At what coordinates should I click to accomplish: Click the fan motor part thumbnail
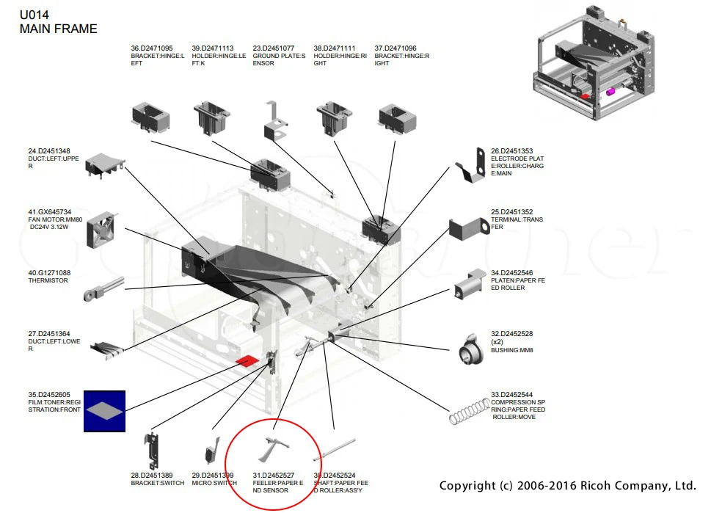[x=101, y=230]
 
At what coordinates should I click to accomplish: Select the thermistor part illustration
[x=103, y=289]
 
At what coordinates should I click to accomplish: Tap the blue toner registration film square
[x=104, y=411]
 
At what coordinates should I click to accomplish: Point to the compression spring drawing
[x=470, y=411]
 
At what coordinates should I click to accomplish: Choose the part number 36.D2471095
[x=151, y=48]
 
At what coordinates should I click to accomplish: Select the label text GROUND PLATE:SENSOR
[x=279, y=59]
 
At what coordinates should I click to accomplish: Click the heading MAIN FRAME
[x=59, y=29]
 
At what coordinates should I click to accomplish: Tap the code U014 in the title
[x=34, y=15]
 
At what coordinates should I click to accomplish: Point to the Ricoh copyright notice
[x=567, y=485]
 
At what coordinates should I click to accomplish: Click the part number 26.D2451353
[x=512, y=151]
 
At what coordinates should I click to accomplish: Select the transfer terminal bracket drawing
[x=469, y=228]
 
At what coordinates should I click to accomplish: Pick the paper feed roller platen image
[x=470, y=285]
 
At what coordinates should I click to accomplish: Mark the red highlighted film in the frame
[x=247, y=361]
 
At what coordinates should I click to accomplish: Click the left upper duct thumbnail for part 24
[x=105, y=164]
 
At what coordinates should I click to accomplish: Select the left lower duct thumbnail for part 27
[x=107, y=350]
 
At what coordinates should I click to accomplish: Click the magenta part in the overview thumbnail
[x=610, y=92]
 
